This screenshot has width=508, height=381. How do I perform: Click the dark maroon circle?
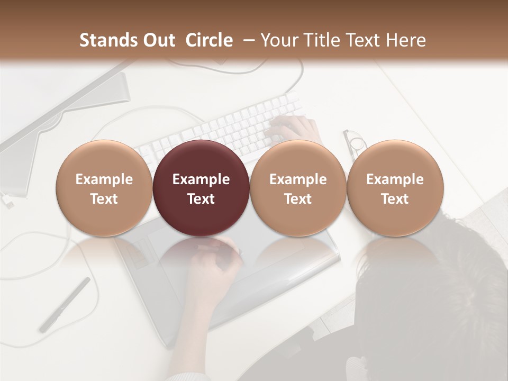click(x=201, y=188)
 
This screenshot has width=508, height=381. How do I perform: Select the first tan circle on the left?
click(x=104, y=188)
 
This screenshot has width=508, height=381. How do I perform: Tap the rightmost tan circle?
click(x=395, y=188)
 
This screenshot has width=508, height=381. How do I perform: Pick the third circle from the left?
click(x=298, y=188)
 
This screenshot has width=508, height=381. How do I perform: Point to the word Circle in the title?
click(x=209, y=40)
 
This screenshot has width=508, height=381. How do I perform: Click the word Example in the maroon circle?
click(x=201, y=179)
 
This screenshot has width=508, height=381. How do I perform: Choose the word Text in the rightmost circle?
click(x=395, y=199)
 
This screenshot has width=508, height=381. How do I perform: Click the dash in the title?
click(x=247, y=40)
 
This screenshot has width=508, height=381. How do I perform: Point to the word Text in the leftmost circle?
click(x=104, y=199)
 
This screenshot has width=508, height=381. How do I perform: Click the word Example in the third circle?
click(x=298, y=179)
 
